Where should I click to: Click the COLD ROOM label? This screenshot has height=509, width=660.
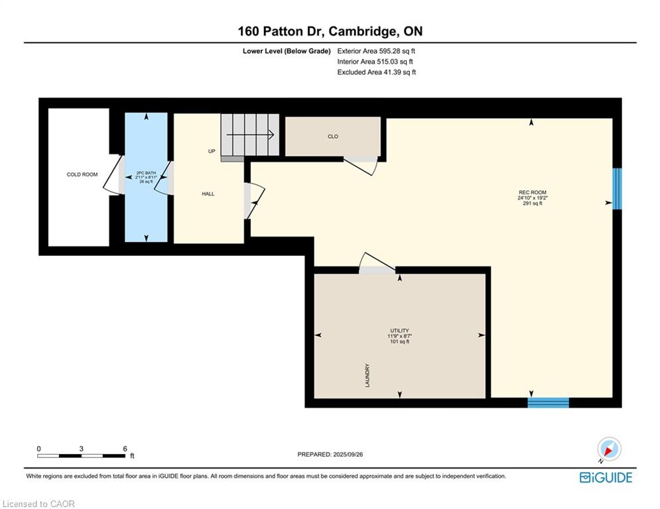point(82,174)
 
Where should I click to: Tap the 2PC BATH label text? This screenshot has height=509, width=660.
point(146,173)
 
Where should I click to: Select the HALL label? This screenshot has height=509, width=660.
point(208,194)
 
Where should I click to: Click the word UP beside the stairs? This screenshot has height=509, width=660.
point(212,151)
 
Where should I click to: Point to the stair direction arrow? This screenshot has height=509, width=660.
point(251,135)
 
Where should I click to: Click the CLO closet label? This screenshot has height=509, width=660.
point(332,137)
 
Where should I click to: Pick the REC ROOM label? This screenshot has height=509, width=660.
point(533,192)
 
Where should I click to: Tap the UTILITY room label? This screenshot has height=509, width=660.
point(399,331)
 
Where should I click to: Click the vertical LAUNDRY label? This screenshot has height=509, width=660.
point(367,375)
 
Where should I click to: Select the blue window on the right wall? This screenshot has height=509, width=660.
point(617,188)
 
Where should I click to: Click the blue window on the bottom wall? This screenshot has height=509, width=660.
point(549,402)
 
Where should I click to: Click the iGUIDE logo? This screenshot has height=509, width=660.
point(606,477)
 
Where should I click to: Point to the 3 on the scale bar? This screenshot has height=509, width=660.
point(81,449)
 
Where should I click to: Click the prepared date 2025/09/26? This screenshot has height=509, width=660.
point(348,454)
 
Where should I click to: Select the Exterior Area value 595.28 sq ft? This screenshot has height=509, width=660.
point(397,51)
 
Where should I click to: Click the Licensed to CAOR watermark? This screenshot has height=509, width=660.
point(38,504)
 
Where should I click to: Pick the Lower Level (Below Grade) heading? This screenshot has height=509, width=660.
point(287,51)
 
